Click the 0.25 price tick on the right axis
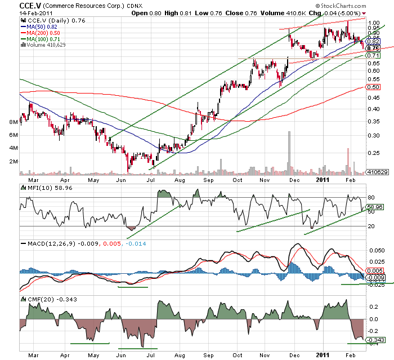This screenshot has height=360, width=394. [x=373, y=153]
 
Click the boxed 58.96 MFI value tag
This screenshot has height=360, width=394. [x=374, y=207]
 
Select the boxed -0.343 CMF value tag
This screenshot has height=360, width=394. [x=374, y=340]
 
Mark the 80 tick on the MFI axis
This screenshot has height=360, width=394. [x=371, y=198]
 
